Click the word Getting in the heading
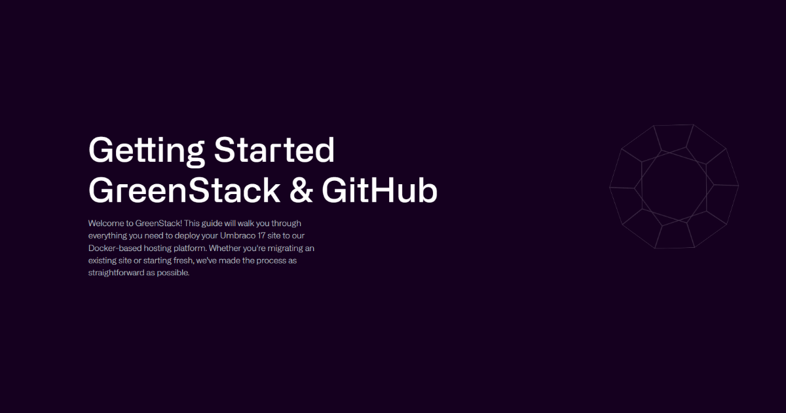[x=147, y=150]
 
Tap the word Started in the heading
[x=274, y=149]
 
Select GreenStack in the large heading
[x=185, y=190]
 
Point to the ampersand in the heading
[x=301, y=190]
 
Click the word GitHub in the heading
[x=380, y=190]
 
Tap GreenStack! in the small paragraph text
[x=159, y=224]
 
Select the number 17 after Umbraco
[x=261, y=235]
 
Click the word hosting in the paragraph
[x=158, y=248]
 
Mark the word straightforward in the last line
[x=116, y=273]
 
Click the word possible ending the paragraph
[x=173, y=273]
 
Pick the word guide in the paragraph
[x=212, y=224]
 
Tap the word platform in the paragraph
[x=190, y=248]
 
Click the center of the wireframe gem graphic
[x=674, y=186]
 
